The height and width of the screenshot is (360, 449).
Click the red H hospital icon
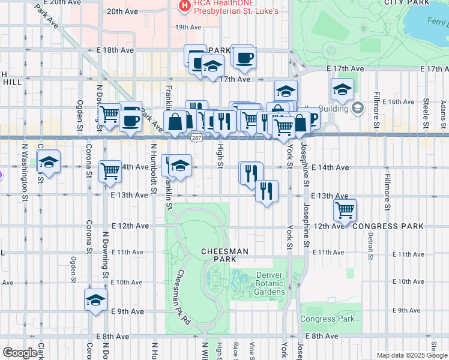(x=184, y=6)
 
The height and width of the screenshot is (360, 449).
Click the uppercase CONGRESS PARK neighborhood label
(x=388, y=226)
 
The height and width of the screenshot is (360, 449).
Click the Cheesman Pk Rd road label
(x=182, y=297)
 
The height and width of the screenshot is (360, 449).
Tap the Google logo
(x=20, y=353)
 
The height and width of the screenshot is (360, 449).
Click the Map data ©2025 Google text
(x=412, y=355)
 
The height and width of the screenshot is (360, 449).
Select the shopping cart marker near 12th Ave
(x=345, y=210)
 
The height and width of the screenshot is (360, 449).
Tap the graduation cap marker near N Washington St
(x=49, y=162)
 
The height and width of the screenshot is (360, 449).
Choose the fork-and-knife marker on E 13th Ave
(x=267, y=191)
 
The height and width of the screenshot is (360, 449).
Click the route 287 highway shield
(x=196, y=139)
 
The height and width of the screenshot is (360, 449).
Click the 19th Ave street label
(x=188, y=27)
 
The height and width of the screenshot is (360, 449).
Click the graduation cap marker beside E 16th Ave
(x=342, y=90)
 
